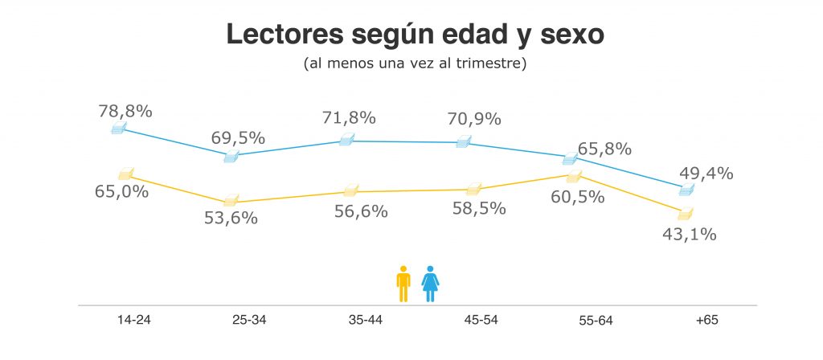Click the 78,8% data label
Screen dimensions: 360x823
point(125,111)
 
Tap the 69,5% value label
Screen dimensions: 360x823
point(238,137)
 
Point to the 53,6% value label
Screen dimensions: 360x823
point(231,217)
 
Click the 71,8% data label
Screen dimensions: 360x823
point(349,117)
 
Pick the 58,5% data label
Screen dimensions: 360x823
point(479,208)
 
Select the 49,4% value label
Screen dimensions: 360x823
point(706,173)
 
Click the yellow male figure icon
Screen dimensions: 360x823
point(403,284)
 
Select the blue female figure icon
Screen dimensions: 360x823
point(431,284)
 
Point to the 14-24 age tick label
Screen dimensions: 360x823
point(133,320)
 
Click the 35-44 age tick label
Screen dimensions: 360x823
point(366,320)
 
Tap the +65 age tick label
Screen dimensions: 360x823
point(706,320)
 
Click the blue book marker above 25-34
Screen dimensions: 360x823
point(231,157)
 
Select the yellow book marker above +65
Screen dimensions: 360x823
point(685,213)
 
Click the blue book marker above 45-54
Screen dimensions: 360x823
point(463,142)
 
